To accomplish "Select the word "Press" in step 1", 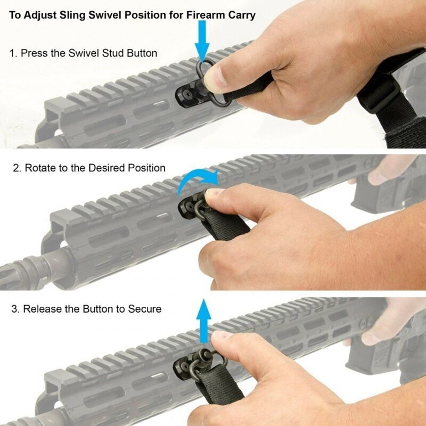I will tap(36, 53).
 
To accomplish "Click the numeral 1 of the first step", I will tap(12, 53).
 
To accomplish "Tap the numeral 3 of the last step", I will tap(12, 309).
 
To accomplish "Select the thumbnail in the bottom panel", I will tap(223, 337).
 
